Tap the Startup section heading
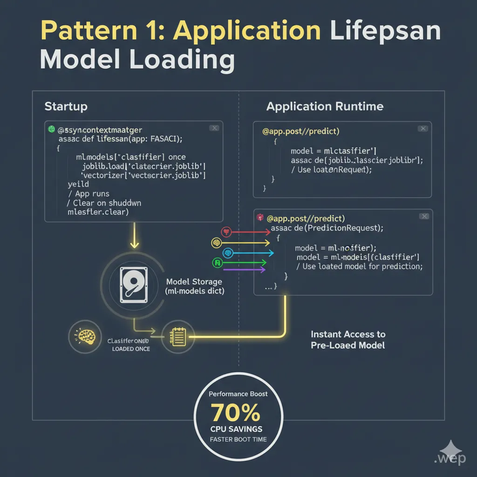coord(66,106)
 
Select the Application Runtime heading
coord(325,106)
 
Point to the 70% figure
coord(235,412)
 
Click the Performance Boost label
coord(238,394)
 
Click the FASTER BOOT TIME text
coord(238,439)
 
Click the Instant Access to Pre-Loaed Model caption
coord(348,340)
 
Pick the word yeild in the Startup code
coord(78,184)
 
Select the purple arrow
coord(244,269)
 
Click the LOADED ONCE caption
coord(131,349)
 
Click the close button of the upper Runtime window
coord(422,129)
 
